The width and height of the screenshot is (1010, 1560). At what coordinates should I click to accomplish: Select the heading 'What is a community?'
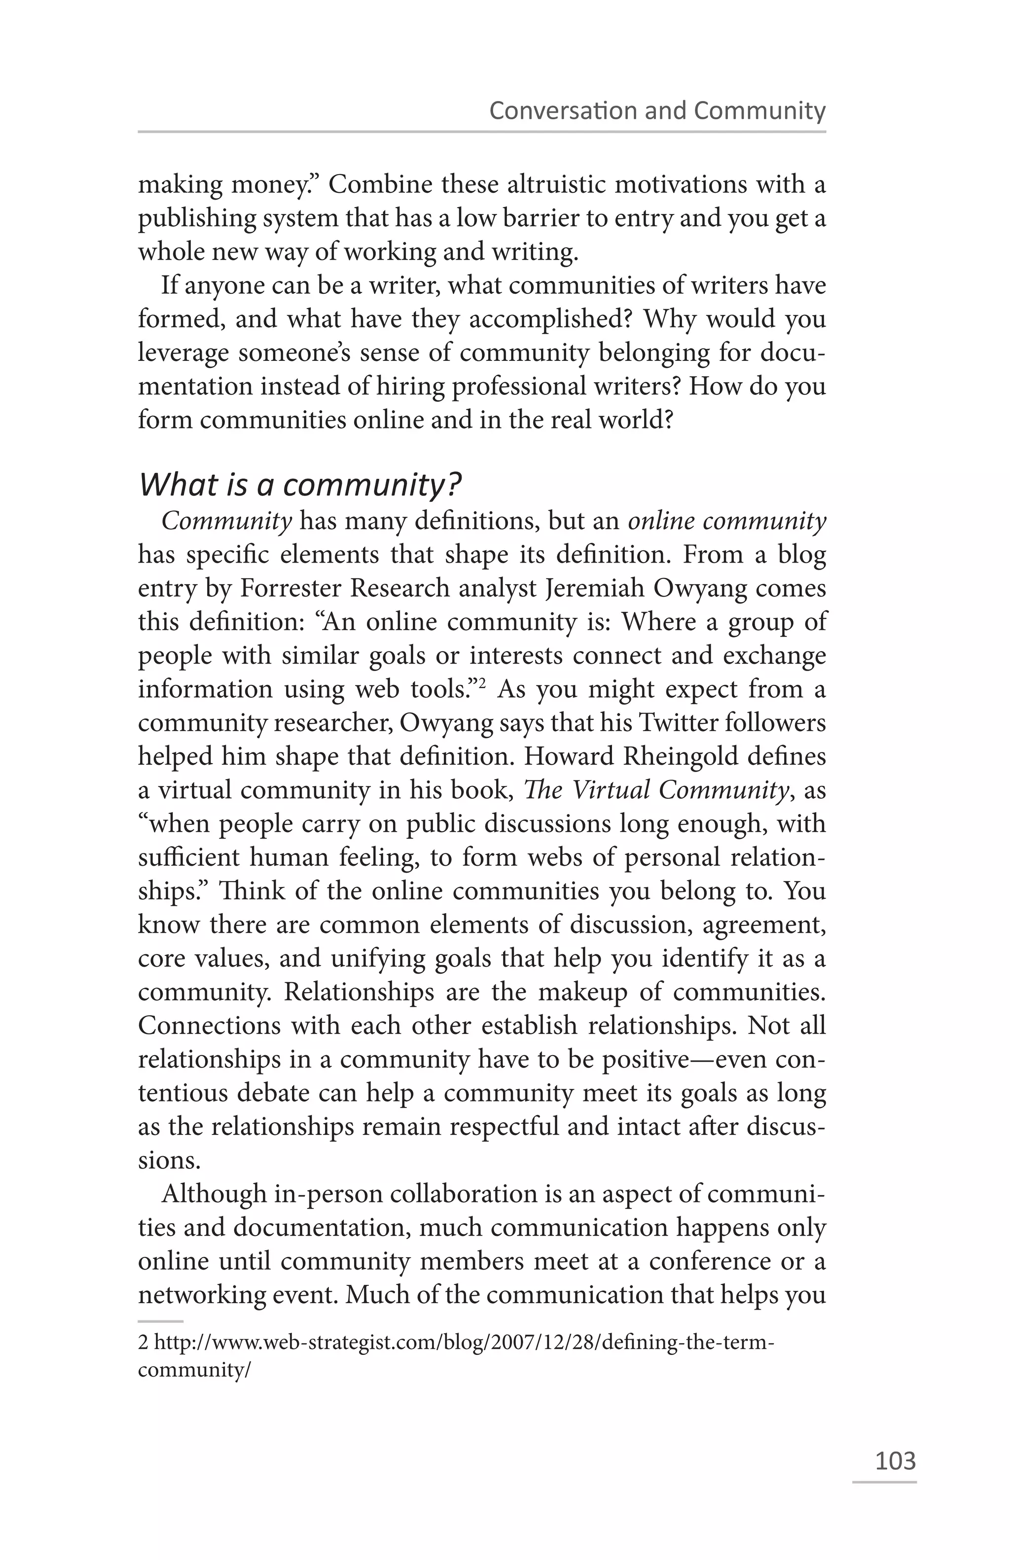[x=300, y=485]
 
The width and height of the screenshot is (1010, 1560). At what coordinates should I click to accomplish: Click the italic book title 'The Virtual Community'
[x=655, y=790]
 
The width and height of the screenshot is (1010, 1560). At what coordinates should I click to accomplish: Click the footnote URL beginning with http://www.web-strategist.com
[x=456, y=1343]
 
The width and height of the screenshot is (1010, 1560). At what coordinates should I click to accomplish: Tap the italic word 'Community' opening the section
[x=226, y=521]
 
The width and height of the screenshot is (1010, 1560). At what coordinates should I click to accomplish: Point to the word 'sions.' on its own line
[x=169, y=1160]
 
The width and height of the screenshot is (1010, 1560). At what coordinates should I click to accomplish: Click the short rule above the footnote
[x=161, y=1321]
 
